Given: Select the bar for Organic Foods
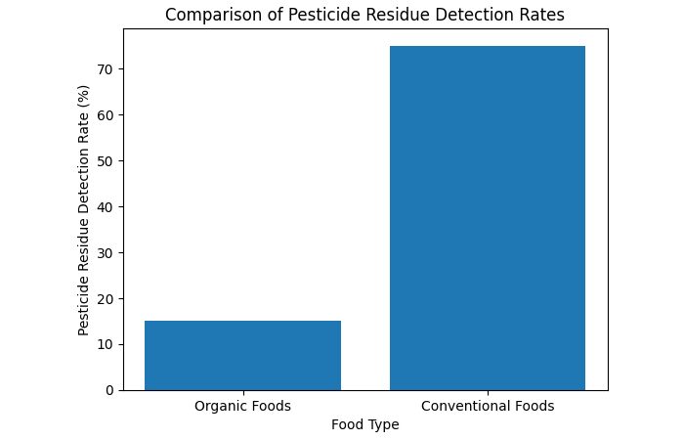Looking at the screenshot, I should pos(242,355).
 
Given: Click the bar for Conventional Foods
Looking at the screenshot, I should pos(487,218).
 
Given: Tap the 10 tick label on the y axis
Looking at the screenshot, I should pos(103,344).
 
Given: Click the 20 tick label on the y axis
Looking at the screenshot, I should pos(103,298).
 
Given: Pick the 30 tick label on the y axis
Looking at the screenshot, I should pos(103,252).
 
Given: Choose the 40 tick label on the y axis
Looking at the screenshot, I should pos(103,206).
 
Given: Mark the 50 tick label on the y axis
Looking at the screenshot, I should pos(103,160).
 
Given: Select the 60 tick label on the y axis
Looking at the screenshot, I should pos(103,114).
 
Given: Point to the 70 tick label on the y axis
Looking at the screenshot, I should pos(103,69).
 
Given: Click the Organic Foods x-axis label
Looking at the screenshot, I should pos(242,406).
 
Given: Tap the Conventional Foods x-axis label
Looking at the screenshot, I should pos(487,406).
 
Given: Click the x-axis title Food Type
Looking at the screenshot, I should pos(364,424).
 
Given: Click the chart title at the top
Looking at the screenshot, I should pos(364,15).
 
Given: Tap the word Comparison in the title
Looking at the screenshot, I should pos(209,15).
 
